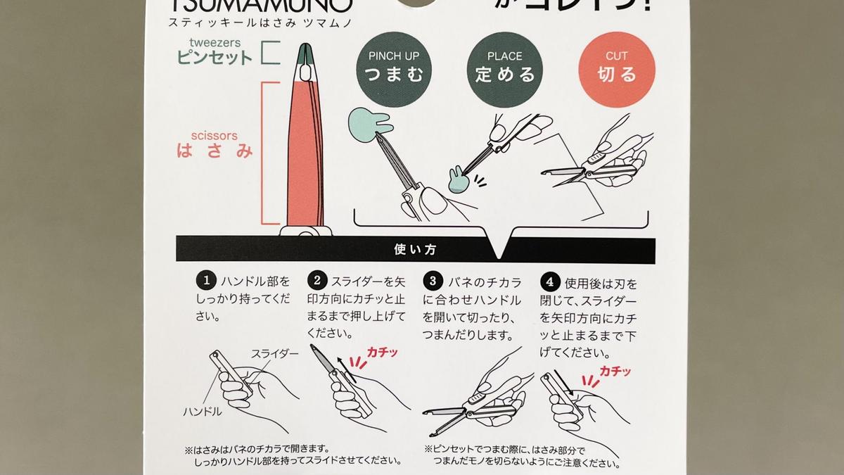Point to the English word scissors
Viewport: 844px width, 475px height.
coord(214,135)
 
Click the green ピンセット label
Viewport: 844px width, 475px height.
coord(214,58)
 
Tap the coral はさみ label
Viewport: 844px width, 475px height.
coord(214,151)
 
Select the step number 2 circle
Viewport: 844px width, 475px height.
coord(317,281)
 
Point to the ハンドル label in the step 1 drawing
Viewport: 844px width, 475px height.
coord(203,412)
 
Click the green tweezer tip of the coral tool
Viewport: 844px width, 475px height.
coord(306,53)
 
